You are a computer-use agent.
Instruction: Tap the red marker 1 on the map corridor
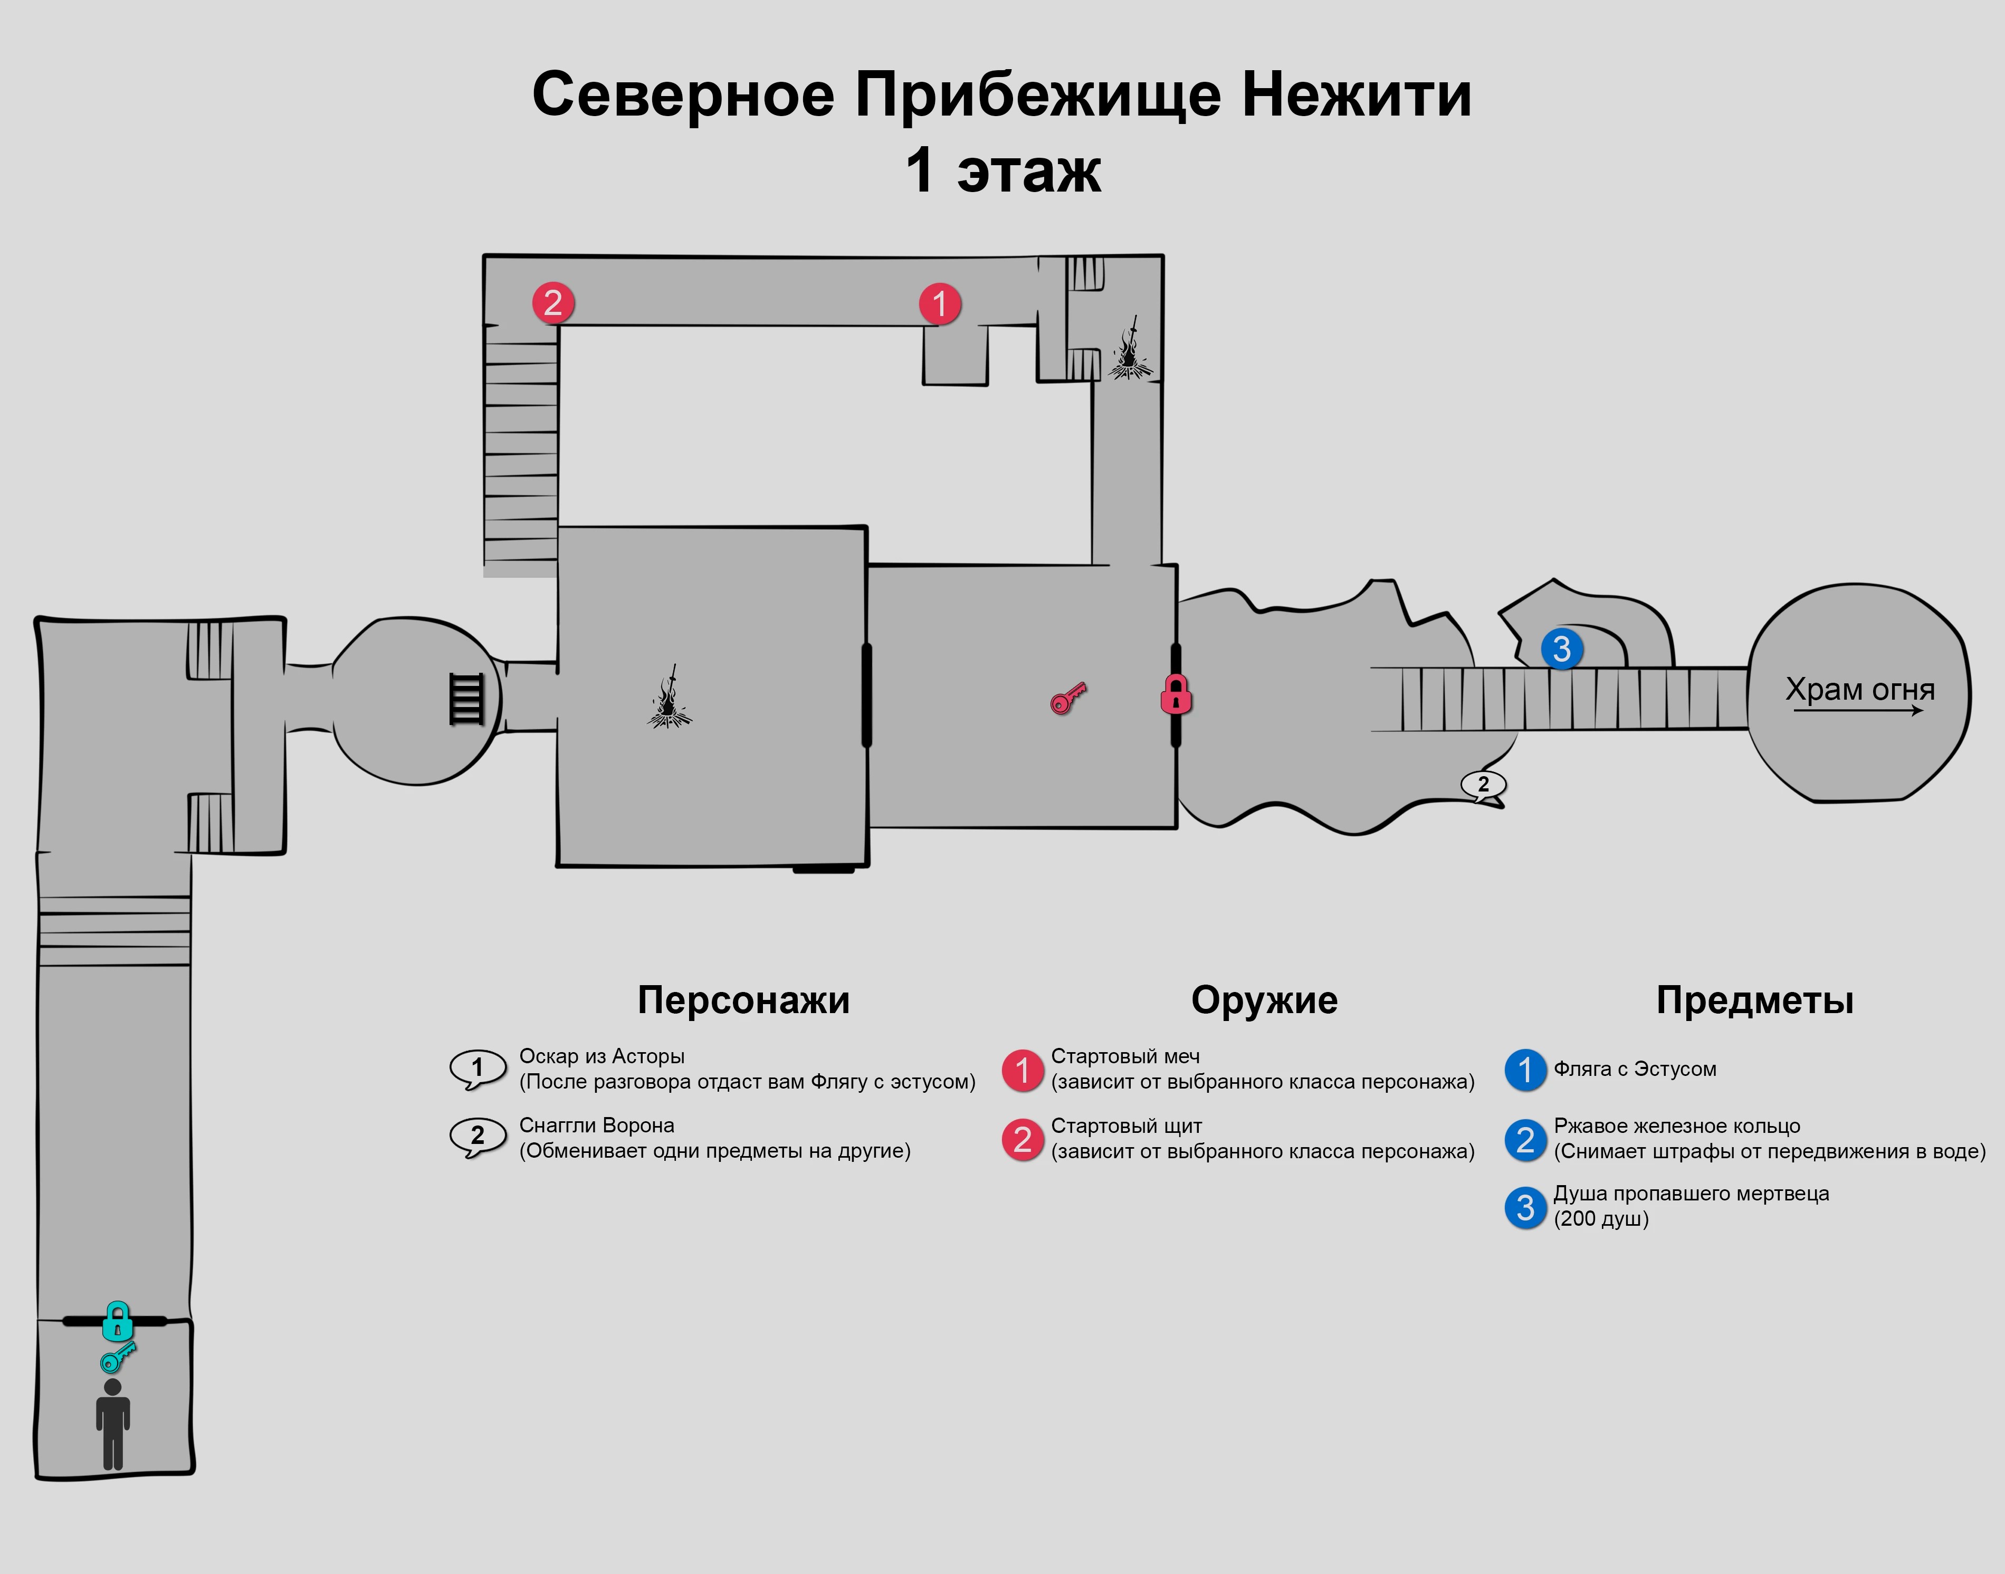(940, 304)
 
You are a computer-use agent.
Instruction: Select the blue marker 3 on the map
(1562, 649)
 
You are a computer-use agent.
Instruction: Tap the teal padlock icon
(117, 1321)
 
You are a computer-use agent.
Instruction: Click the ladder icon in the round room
(466, 699)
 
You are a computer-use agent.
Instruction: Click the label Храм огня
(1859, 689)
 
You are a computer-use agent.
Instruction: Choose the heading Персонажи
(743, 1000)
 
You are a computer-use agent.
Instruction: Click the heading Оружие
(1264, 1000)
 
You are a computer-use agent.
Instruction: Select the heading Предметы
(1754, 1000)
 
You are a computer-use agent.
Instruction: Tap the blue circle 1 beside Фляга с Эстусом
(1525, 1070)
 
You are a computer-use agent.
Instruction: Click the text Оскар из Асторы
(601, 1056)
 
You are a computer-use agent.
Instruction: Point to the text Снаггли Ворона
(596, 1125)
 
